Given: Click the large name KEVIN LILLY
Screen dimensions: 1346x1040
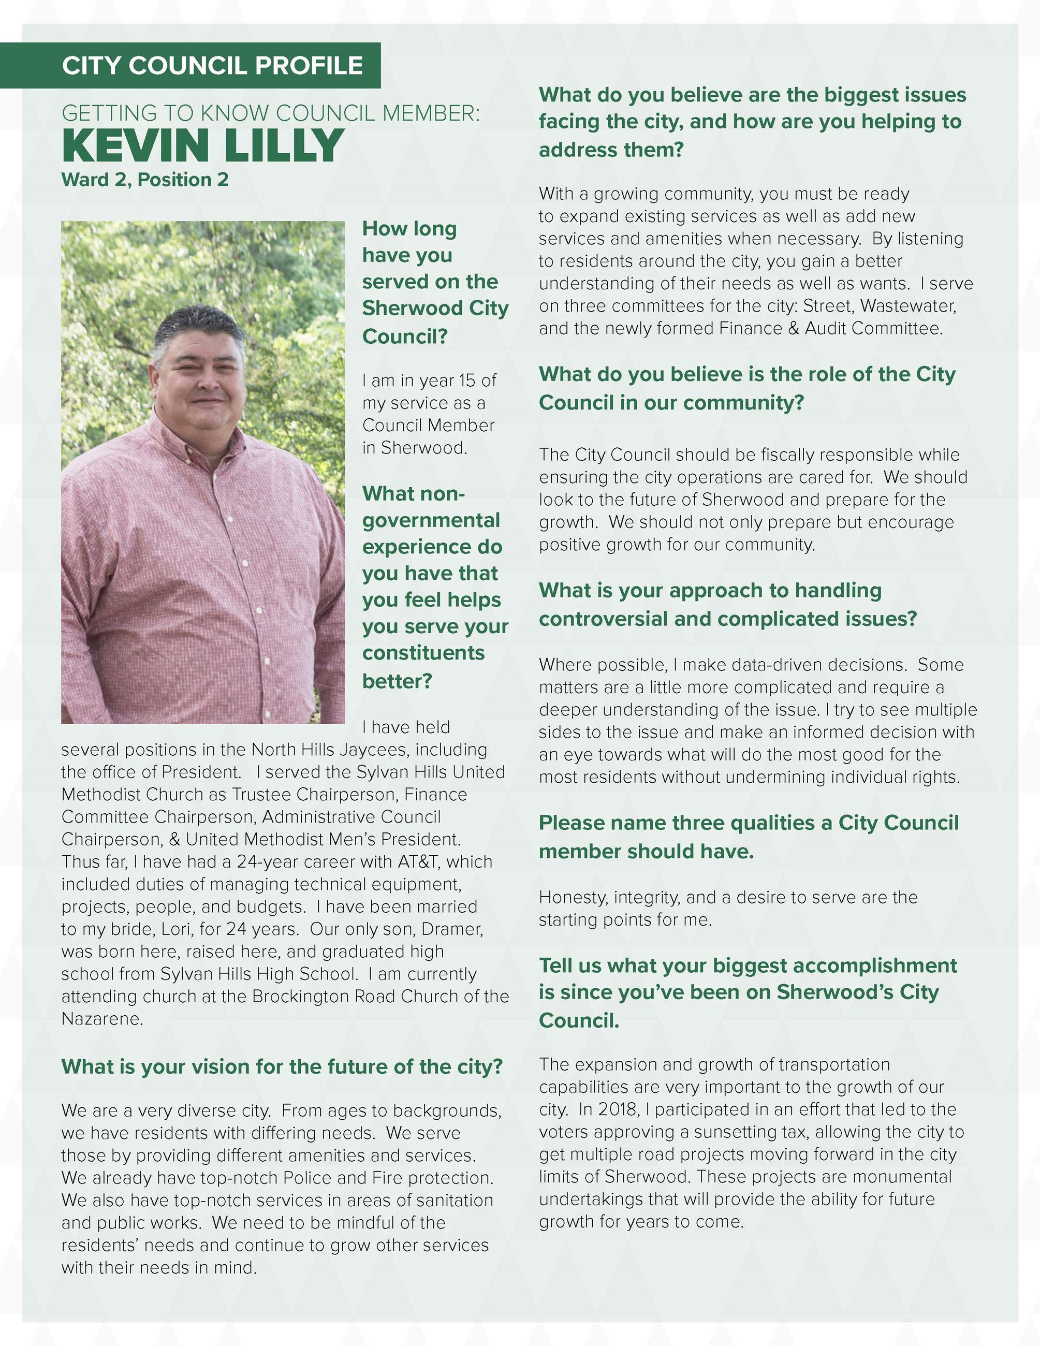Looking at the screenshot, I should (x=203, y=145).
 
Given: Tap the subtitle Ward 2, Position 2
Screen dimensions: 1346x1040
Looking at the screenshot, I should (x=145, y=180).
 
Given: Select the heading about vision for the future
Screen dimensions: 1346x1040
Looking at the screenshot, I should (x=282, y=1067).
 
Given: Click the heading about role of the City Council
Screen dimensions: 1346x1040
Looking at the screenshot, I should (x=746, y=388).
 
